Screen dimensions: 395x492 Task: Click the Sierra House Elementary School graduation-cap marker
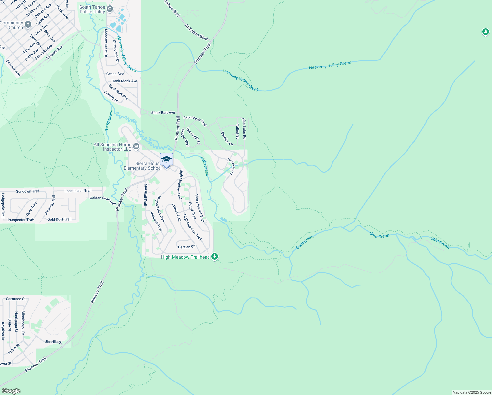click(166, 160)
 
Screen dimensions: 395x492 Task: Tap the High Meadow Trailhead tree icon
click(215, 256)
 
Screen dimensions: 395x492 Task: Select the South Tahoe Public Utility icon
click(110, 9)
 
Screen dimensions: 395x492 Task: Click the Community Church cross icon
click(28, 24)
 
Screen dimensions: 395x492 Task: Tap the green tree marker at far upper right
click(485, 32)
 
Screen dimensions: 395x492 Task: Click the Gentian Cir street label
click(186, 247)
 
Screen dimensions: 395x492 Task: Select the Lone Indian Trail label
click(78, 191)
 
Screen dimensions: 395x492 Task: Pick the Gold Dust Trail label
click(59, 219)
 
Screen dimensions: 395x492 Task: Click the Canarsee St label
click(15, 299)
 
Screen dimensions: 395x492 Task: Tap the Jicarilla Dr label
click(53, 342)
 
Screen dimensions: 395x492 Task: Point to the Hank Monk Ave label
click(124, 81)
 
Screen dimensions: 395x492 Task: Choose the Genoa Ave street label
click(115, 74)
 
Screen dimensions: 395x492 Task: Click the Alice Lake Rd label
click(244, 128)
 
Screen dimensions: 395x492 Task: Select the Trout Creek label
click(109, 120)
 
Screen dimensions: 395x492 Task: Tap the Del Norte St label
click(231, 167)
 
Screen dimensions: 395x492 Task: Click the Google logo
click(11, 391)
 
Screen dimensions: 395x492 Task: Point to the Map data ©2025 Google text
click(472, 392)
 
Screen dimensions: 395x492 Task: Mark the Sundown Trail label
click(28, 191)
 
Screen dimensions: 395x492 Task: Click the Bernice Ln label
click(227, 139)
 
